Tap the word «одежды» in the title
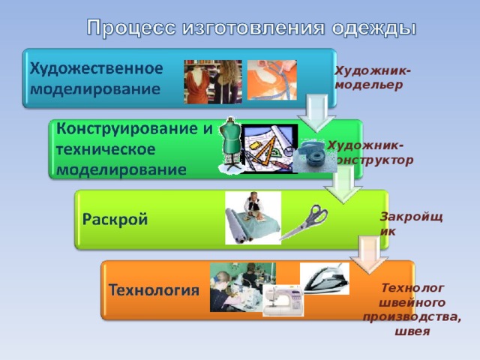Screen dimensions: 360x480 (x=373, y=28)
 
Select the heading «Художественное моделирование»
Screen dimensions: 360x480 (x=97, y=78)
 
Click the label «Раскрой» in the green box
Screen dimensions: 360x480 (x=115, y=220)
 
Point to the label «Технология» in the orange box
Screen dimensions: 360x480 (x=154, y=289)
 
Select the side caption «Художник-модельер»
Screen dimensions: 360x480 (x=373, y=77)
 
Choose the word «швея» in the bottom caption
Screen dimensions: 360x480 (x=411, y=331)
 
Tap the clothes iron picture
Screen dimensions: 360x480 (x=324, y=277)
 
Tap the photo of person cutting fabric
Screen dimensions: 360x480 (x=253, y=217)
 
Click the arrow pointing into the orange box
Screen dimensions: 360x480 (x=372, y=255)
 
